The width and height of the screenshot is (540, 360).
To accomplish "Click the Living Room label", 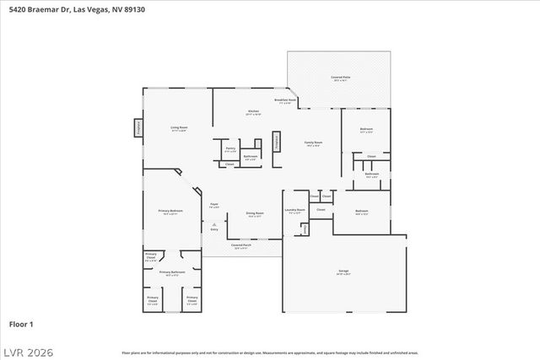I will coord(179,128).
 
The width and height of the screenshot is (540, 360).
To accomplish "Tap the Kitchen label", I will coord(253,112).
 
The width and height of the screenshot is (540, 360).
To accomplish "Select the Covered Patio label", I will coord(341,78).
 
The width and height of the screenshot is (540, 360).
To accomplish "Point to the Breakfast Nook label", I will coord(285,100).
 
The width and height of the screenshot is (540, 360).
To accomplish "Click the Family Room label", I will coord(313,144).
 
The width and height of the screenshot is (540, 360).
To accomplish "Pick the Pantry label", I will coord(229,149).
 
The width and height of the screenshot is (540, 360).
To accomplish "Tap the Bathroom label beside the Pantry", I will coord(251,157).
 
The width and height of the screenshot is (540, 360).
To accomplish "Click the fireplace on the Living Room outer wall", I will coord(138,127).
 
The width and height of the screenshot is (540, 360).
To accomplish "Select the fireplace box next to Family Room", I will coord(276,143).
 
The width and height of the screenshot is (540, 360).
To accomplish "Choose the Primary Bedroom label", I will coord(170,212).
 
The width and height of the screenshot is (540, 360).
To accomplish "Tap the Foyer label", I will coord(214,205).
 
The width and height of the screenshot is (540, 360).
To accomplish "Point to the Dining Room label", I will coord(255,214).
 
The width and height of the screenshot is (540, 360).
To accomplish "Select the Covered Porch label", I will coord(240,247).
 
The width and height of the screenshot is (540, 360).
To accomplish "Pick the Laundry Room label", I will coord(295,211).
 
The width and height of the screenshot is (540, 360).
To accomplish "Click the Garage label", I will coord(343,272).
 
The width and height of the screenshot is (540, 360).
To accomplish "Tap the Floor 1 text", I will coord(21,324).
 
